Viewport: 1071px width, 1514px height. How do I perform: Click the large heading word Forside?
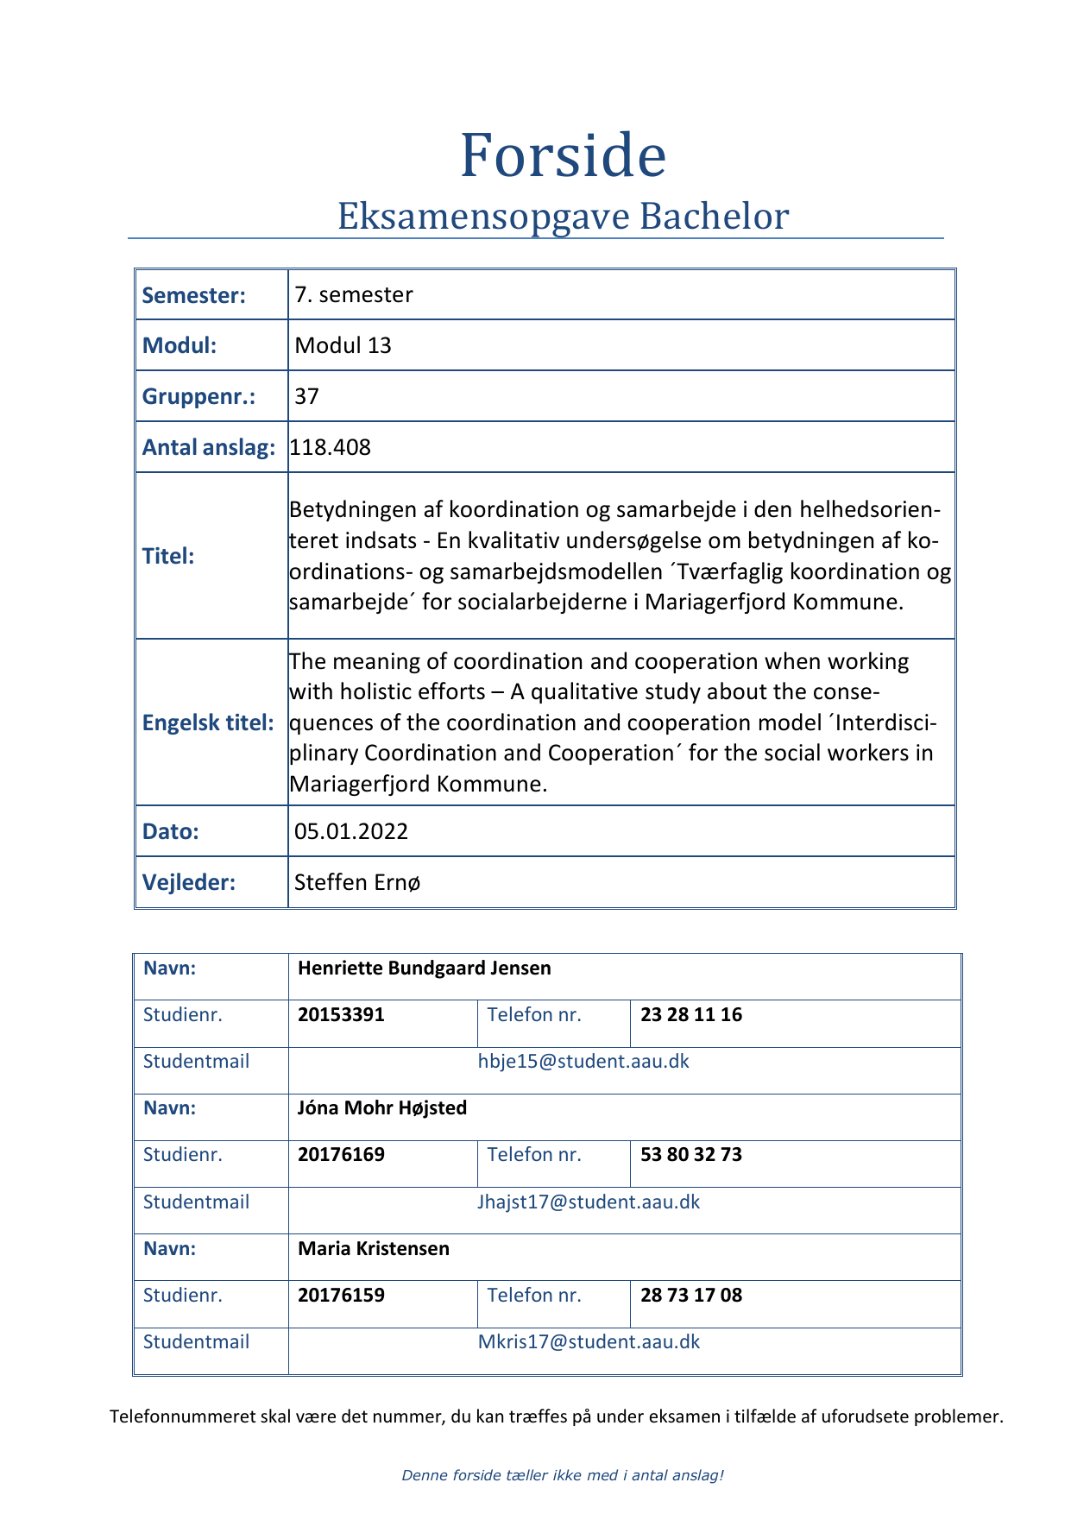(563, 156)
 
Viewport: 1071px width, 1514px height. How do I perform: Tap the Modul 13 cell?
(343, 345)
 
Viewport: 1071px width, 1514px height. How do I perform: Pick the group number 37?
(306, 396)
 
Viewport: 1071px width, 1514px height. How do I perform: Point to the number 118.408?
(331, 447)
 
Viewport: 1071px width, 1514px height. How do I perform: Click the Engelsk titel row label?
(208, 722)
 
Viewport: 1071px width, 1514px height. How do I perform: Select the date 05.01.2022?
(351, 831)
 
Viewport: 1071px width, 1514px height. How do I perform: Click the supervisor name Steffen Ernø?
(357, 882)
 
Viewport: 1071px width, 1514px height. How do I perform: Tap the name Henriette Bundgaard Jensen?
(424, 968)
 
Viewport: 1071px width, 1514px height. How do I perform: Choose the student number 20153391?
(341, 1014)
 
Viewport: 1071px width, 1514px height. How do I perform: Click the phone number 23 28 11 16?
(691, 1014)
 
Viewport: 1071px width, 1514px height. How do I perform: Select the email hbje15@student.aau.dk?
(583, 1061)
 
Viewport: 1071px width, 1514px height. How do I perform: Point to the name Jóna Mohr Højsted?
(381, 1107)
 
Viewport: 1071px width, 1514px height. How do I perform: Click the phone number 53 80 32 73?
(691, 1154)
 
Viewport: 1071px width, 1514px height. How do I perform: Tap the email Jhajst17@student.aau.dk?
(589, 1202)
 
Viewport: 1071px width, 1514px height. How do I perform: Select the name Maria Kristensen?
(373, 1248)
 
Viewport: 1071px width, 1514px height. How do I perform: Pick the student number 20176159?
(341, 1295)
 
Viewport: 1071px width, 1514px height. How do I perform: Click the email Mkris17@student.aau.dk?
(589, 1341)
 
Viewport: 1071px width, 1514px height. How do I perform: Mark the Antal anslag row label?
(208, 447)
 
